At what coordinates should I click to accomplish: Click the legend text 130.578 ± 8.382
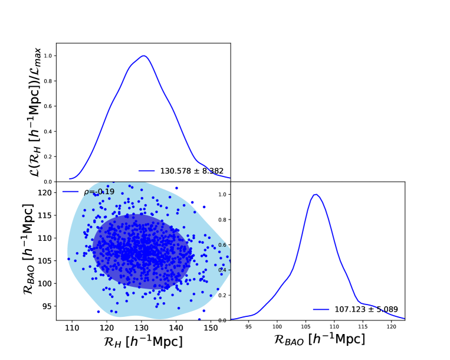pyautogui.click(x=192, y=171)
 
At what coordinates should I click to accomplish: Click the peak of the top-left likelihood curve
pyautogui.click(x=143, y=56)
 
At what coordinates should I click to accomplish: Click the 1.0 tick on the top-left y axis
pyautogui.click(x=48, y=56)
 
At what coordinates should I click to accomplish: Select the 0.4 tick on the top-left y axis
pyautogui.click(x=48, y=132)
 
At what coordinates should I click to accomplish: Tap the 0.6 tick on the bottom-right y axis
pyautogui.click(x=222, y=245)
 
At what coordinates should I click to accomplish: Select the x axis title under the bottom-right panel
pyautogui.click(x=318, y=340)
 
